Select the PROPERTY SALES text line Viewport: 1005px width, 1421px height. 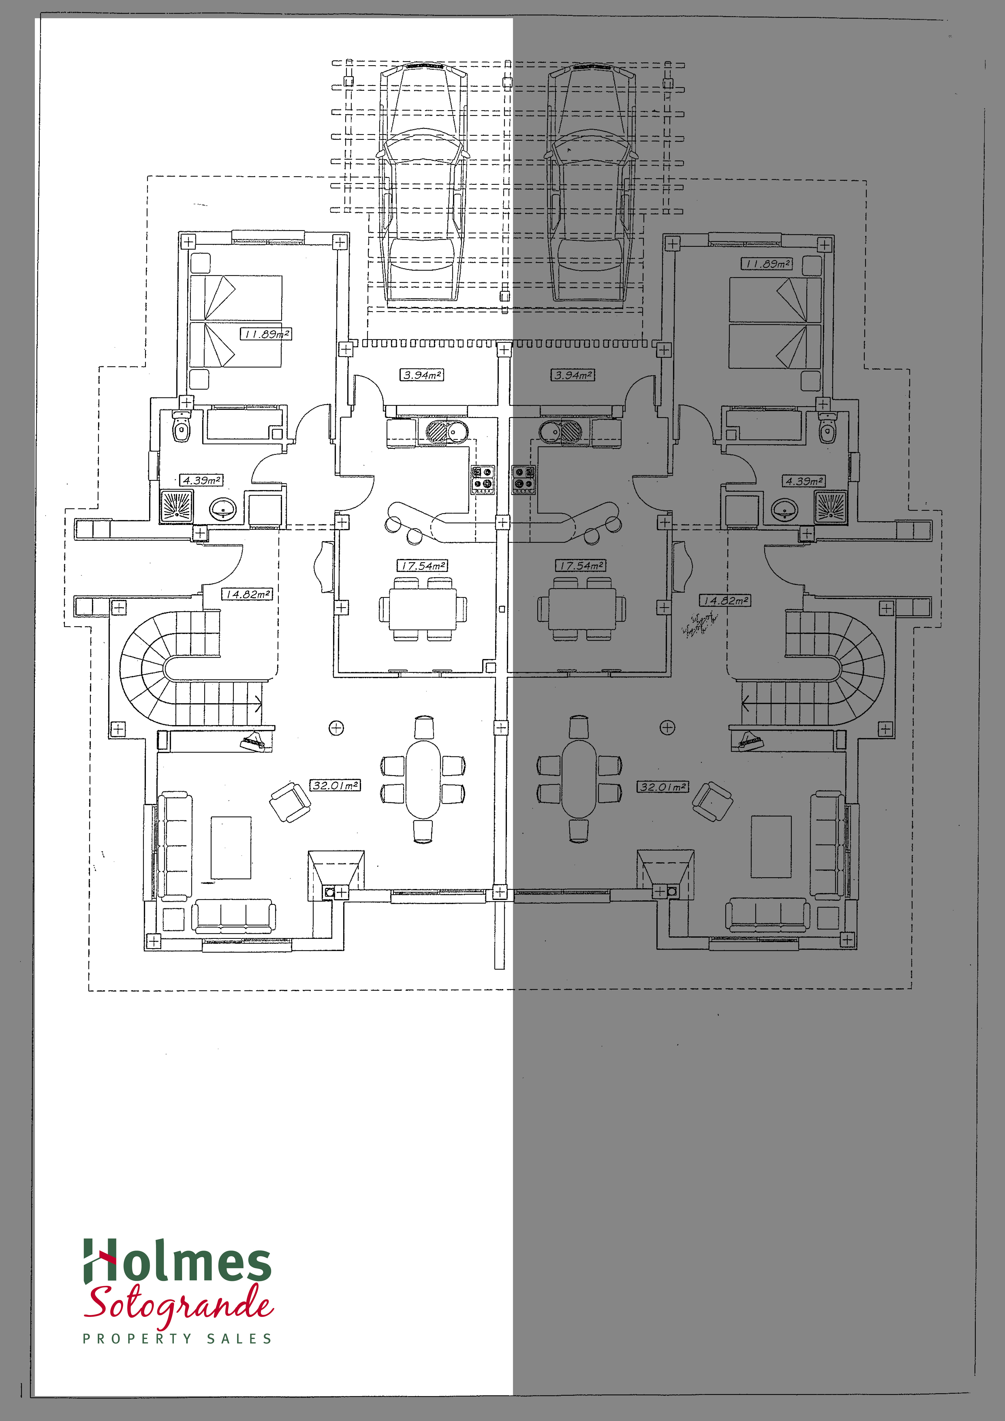pyautogui.click(x=178, y=1339)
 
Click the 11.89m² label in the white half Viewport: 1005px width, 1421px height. pyautogui.click(x=266, y=334)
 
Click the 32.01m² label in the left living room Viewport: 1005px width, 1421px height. pyautogui.click(x=335, y=785)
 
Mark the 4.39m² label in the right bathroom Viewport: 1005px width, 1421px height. pyautogui.click(x=803, y=481)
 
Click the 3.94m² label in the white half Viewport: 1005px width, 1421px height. pyautogui.click(x=421, y=374)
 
